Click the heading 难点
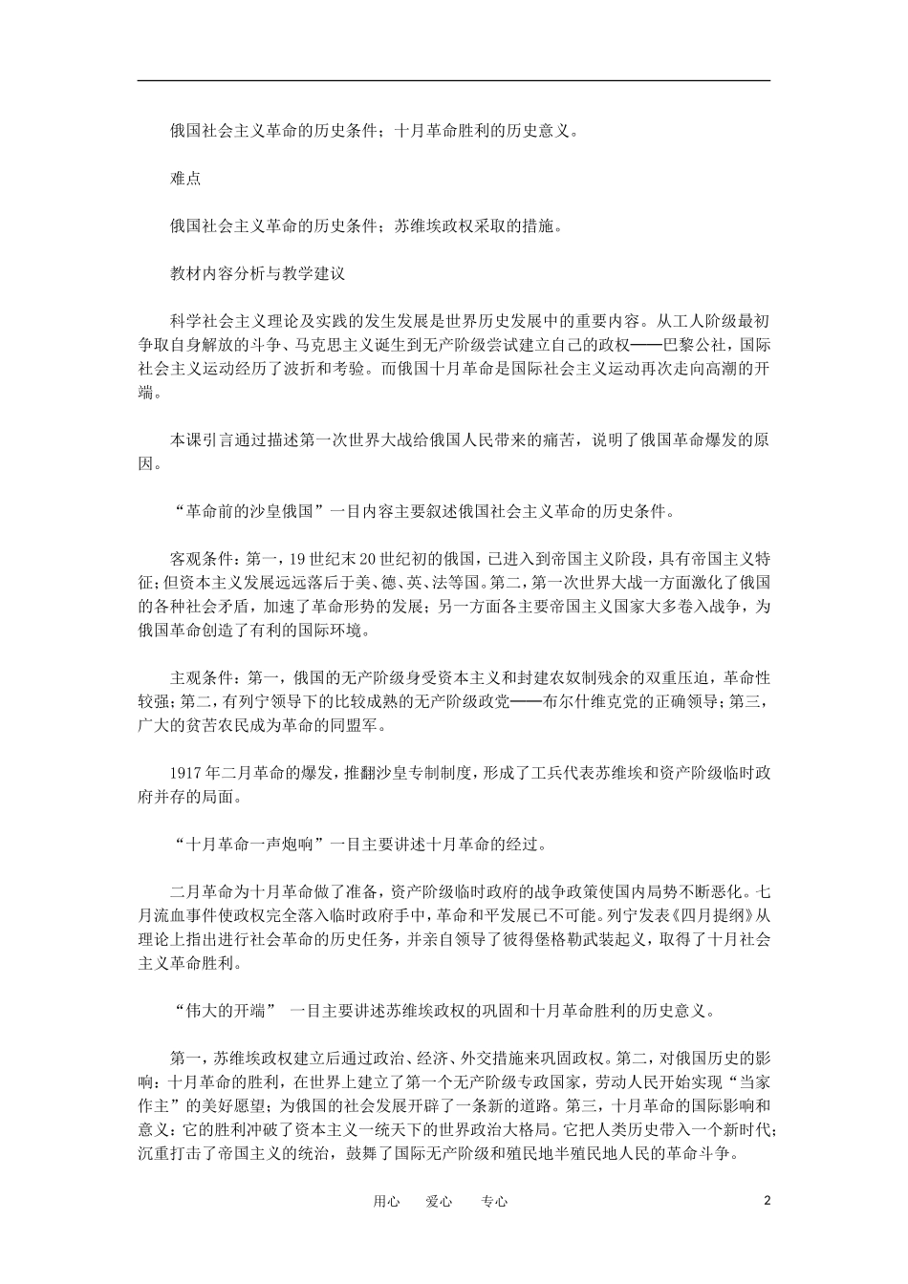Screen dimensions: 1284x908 pyautogui.click(x=185, y=179)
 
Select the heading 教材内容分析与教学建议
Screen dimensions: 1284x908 pyautogui.click(x=257, y=272)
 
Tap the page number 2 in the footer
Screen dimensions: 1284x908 pyautogui.click(x=767, y=1201)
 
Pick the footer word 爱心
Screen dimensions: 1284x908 pyautogui.click(x=439, y=1202)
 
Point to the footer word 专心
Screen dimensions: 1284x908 pyautogui.click(x=494, y=1202)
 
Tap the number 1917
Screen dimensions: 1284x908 pyautogui.click(x=186, y=772)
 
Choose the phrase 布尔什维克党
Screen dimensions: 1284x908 pyautogui.click(x=563, y=702)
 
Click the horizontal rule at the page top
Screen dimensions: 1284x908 pyautogui.click(x=454, y=80)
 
